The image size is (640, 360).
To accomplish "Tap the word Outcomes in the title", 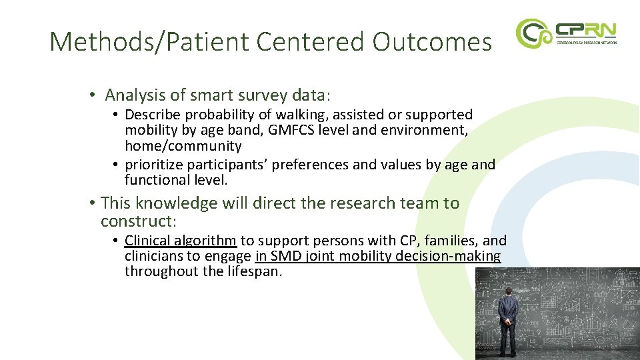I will [x=432, y=42].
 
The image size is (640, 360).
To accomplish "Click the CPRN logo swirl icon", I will [x=533, y=33].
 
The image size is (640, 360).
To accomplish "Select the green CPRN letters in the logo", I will [x=586, y=30].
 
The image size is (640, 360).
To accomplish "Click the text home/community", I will [x=183, y=146].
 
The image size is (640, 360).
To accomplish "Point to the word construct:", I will [x=138, y=221].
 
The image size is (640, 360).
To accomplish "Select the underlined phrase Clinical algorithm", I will [x=180, y=241].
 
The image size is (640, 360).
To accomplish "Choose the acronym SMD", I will [x=287, y=256].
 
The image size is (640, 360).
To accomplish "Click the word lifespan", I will [x=249, y=271].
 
